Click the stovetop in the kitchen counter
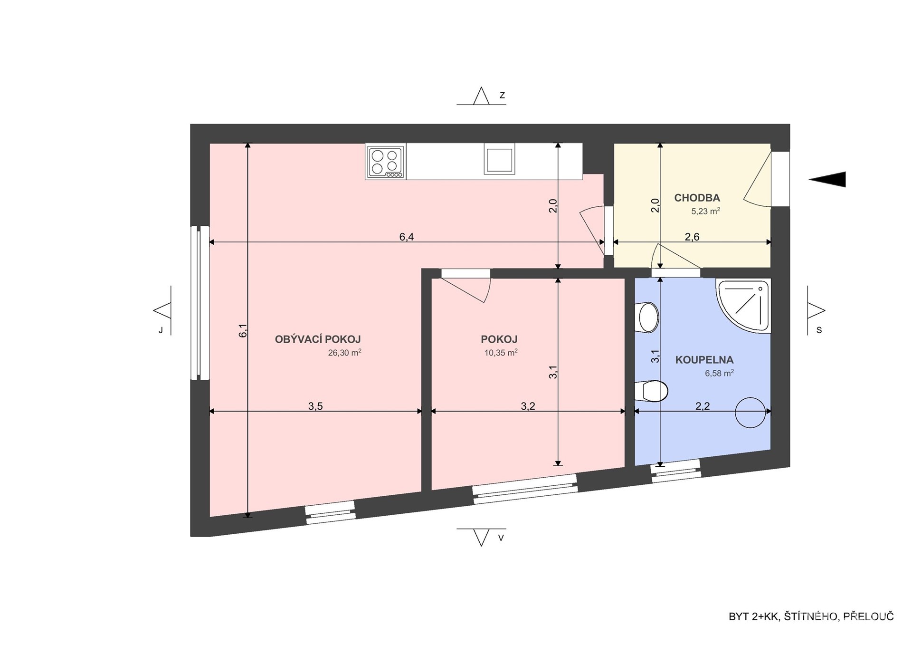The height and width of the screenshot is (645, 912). (x=386, y=162)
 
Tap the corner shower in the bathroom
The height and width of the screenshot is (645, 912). (x=744, y=306)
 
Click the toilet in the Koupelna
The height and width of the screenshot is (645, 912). (x=651, y=391)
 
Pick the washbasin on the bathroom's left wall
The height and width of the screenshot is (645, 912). (x=647, y=317)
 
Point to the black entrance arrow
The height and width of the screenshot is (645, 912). (x=827, y=179)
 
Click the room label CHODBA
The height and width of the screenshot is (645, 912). (x=697, y=198)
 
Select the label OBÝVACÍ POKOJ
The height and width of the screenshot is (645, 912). (x=318, y=339)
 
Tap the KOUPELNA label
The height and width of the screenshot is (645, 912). (x=704, y=360)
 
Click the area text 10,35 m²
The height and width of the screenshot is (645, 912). (x=501, y=353)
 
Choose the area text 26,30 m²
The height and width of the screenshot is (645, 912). (x=344, y=353)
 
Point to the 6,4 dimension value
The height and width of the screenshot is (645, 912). (x=407, y=237)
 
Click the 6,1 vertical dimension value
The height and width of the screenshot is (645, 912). (x=243, y=330)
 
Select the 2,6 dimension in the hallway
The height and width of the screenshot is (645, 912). (x=692, y=237)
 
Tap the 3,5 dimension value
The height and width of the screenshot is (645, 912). (x=315, y=406)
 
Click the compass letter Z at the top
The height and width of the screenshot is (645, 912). (x=502, y=96)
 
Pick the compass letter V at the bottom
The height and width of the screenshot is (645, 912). (x=501, y=539)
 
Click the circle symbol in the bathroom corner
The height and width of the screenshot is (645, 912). (x=750, y=413)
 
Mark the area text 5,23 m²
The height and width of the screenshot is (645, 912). (x=705, y=211)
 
